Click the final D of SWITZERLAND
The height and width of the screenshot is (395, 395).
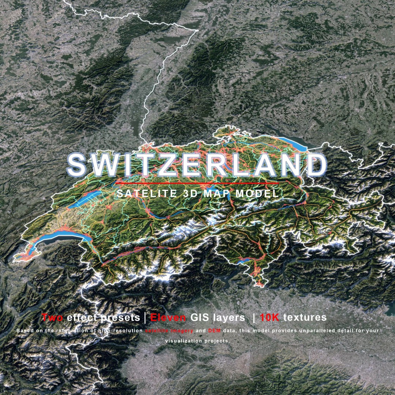coord(314,165)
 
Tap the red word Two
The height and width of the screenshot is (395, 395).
coord(53,317)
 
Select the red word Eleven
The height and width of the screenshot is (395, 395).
coord(168,317)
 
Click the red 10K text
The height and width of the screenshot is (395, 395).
coord(270,317)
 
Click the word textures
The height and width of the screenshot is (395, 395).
coord(305,317)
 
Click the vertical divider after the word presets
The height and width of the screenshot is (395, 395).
coord(145,317)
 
